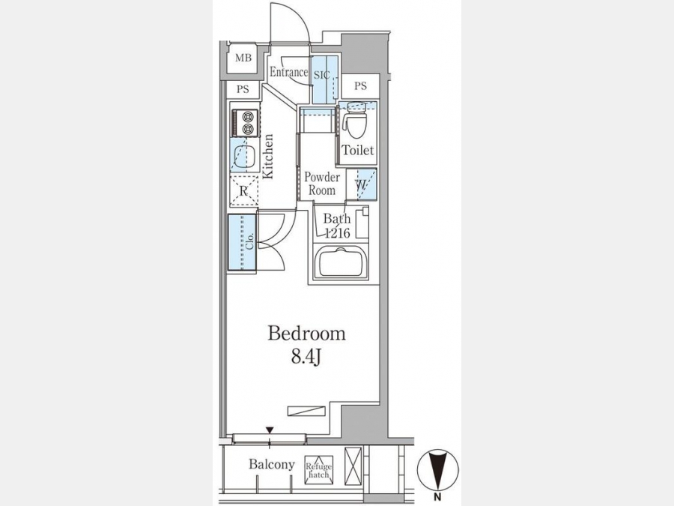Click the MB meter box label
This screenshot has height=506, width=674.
coord(243,58)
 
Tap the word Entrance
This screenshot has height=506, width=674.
coord(289,72)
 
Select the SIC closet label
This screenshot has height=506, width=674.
coord(321,75)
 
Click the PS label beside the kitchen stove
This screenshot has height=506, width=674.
coord(243,89)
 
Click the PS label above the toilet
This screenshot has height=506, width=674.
coord(361,86)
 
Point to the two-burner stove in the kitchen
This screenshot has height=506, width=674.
coord(245,123)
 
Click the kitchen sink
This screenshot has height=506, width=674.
coord(243,155)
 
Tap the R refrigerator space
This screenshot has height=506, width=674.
coord(243,191)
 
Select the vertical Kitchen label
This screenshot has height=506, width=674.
coord(268,156)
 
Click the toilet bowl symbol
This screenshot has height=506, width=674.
coord(356,120)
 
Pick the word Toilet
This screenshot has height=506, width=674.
coord(358,150)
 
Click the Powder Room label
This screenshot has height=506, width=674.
coord(322,184)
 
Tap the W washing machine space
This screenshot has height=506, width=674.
coord(361,184)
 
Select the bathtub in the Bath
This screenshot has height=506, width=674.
coord(341,262)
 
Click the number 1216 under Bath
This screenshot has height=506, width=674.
coord(338,233)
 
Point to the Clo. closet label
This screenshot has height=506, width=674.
coord(250,241)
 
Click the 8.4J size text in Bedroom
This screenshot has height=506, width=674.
coord(306,357)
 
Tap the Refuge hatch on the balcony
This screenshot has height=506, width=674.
coord(318,470)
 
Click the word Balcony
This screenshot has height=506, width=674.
coord(272,464)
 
